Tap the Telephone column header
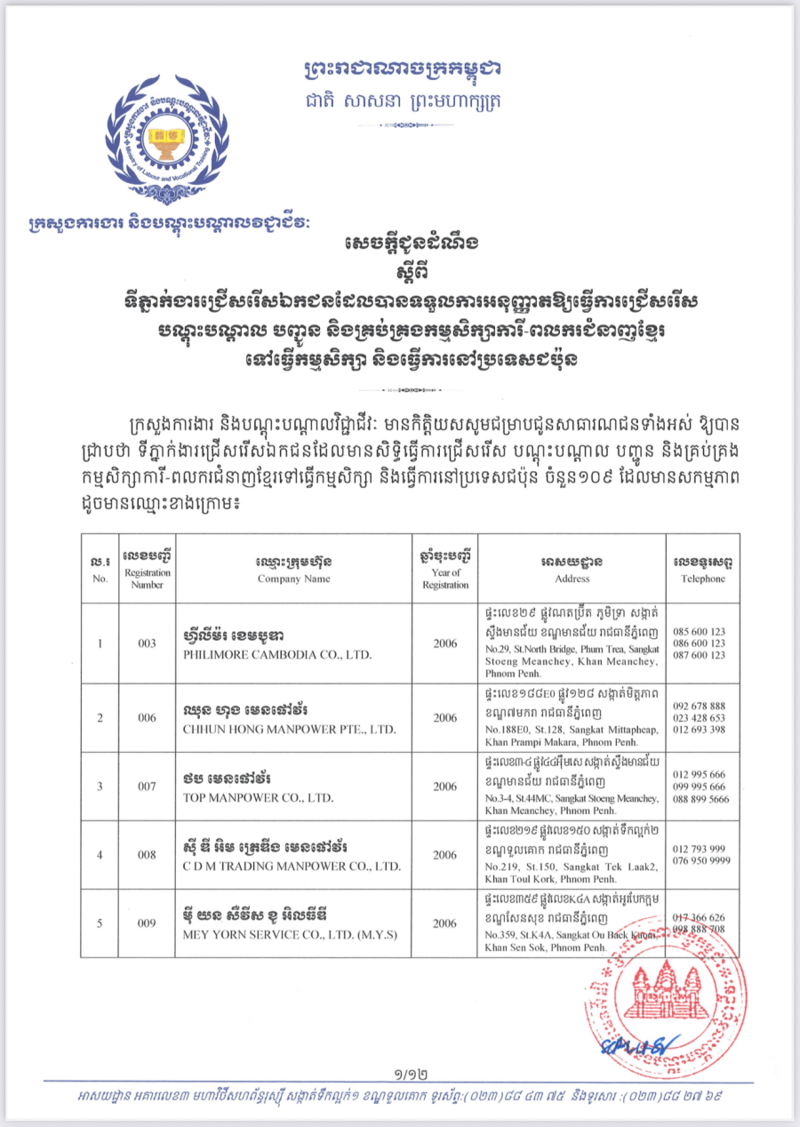(x=703, y=579)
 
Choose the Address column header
(x=572, y=579)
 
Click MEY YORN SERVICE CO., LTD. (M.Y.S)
(x=290, y=935)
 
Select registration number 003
(x=148, y=643)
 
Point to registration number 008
(x=148, y=854)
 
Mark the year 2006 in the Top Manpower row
(x=445, y=787)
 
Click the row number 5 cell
(x=100, y=923)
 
